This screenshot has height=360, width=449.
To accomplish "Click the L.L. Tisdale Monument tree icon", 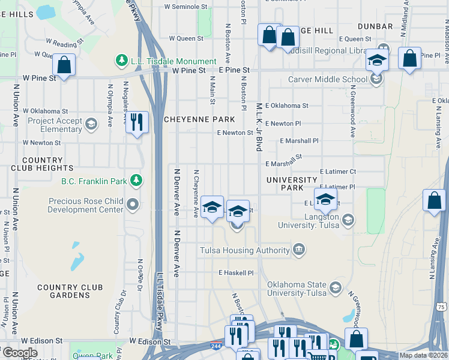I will point(122,61).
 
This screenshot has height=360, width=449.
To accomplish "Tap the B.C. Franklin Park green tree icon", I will point(137,180).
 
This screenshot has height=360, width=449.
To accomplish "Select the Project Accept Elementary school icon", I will point(91,124).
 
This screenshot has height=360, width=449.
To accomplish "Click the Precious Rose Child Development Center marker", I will point(133,205).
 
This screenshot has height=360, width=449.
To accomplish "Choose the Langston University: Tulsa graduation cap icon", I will point(348,220).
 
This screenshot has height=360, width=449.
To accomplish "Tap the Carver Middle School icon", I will point(376,79).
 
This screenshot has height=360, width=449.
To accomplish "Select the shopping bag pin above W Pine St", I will point(63,64).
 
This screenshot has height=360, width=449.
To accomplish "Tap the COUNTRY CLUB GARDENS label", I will point(64,291).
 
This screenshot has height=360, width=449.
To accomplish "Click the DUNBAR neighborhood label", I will point(375,26).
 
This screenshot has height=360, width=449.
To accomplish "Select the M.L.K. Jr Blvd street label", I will point(259,126).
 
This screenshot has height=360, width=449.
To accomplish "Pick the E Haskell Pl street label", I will point(236,272).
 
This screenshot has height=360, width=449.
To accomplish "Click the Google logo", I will point(20,353).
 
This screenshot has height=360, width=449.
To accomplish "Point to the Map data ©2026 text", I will point(423,355).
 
